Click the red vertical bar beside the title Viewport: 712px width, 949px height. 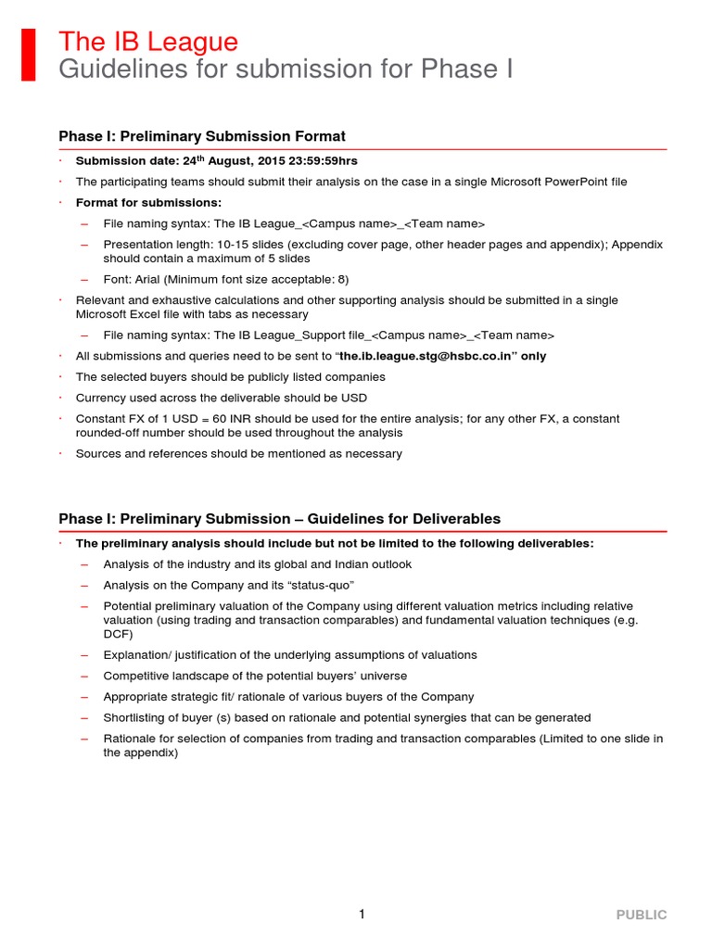(29, 55)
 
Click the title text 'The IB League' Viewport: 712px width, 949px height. (148, 42)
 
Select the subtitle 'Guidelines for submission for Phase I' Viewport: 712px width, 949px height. (286, 70)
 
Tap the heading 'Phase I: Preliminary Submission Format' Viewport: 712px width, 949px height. (202, 136)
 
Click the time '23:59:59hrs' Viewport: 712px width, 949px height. (324, 160)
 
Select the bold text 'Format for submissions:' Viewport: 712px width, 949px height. (148, 202)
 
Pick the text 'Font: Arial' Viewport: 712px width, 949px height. (136, 279)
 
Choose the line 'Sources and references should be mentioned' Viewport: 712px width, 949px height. (238, 454)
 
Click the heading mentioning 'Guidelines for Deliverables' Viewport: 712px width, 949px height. (279, 519)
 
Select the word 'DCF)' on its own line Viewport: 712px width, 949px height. (118, 634)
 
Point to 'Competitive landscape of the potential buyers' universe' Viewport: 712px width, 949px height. (255, 676)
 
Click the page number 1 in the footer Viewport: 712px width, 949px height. (362, 915)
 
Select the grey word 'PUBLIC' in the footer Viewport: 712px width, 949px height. (642, 915)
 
